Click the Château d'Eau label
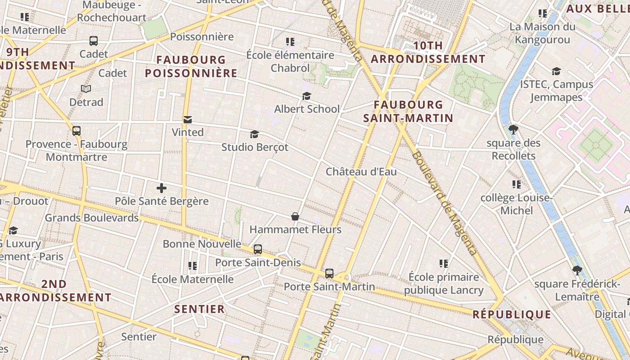[361, 171]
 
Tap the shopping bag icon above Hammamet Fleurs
[295, 216]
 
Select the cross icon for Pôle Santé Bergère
[162, 188]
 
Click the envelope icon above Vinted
[188, 119]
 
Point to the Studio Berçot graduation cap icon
[254, 134]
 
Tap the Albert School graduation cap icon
[306, 96]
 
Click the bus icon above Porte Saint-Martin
[329, 273]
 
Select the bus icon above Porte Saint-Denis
[258, 249]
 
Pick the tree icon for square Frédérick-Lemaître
[577, 270]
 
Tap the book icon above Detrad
[86, 89]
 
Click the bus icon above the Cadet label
[94, 41]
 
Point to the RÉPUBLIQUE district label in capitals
[512, 314]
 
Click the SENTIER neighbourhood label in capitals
[199, 309]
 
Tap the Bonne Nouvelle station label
[202, 244]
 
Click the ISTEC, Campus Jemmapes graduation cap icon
[556, 71]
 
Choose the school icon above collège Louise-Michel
[516, 184]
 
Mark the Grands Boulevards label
[92, 218]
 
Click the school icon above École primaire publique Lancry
[444, 263]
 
